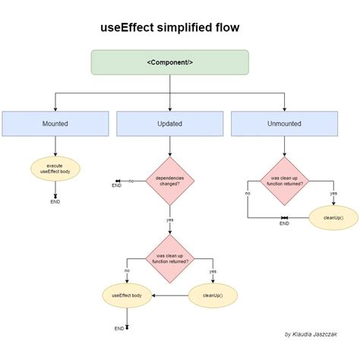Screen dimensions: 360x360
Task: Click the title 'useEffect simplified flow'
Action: pos(169,28)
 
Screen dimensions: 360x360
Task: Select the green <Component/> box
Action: pos(169,62)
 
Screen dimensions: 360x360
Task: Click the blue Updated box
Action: pos(169,123)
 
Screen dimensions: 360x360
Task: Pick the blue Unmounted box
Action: pos(284,123)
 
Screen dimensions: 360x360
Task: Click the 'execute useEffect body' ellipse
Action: pos(55,169)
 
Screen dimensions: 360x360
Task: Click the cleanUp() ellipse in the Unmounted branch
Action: pos(332,218)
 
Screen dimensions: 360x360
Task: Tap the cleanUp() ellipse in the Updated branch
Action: pos(213,295)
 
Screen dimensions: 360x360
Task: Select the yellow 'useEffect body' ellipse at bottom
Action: pos(126,295)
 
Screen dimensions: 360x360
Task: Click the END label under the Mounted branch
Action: pos(55,201)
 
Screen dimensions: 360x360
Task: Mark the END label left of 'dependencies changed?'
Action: pos(117,185)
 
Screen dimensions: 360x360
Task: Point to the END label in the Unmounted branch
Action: pos(284,223)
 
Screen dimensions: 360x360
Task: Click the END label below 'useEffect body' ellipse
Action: pos(119,328)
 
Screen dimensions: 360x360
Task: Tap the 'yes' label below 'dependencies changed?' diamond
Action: pos(169,219)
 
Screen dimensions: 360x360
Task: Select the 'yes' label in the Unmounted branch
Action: pos(333,193)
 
